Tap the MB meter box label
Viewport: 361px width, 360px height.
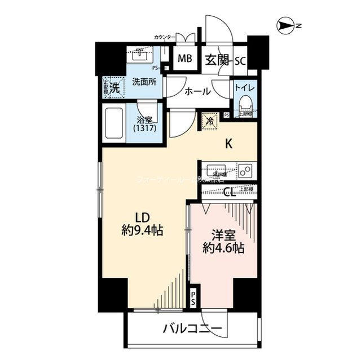(184, 59)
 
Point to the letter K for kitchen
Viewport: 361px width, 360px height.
(229, 144)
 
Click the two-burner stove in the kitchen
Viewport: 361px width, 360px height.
(245, 170)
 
